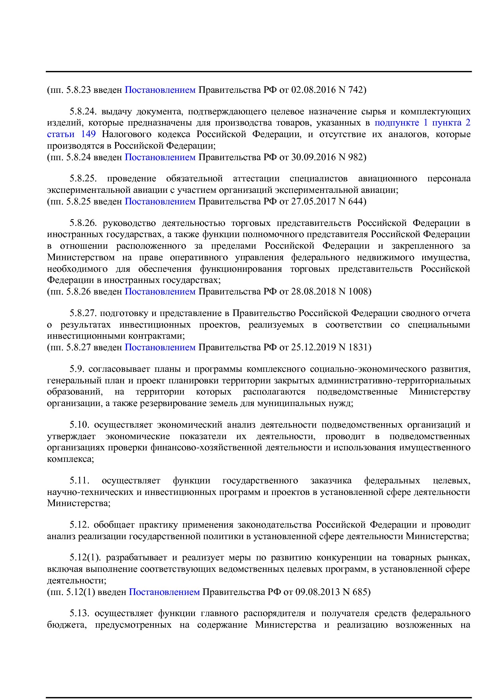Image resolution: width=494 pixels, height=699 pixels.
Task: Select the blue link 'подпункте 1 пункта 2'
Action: tap(422, 123)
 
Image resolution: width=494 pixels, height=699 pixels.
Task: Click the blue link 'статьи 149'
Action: tap(71, 134)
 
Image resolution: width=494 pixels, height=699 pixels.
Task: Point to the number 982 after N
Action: tap(356, 157)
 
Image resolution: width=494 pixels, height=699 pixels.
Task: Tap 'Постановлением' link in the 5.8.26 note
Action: tap(160, 291)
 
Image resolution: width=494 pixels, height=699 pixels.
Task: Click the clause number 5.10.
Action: tap(80, 425)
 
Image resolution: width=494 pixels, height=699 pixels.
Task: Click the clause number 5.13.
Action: tap(80, 613)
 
